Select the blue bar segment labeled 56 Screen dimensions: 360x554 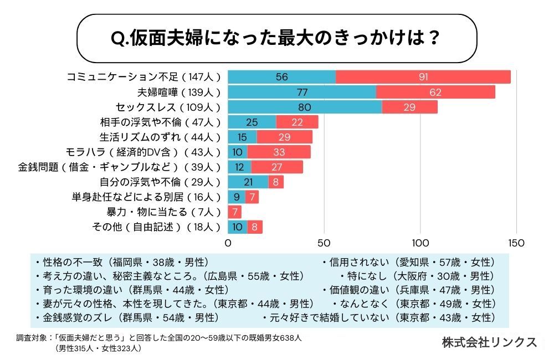(x=281, y=77)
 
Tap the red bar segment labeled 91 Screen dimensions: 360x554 (x=423, y=77)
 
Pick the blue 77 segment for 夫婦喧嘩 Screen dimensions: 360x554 (x=302, y=92)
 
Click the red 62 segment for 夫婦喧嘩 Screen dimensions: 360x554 (x=435, y=92)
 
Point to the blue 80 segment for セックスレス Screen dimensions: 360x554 (x=305, y=107)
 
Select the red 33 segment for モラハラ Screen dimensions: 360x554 (x=279, y=152)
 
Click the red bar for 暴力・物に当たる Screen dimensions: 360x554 (x=235, y=212)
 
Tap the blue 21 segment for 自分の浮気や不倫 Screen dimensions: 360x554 (x=248, y=182)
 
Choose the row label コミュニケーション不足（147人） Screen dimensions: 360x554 (x=143, y=77)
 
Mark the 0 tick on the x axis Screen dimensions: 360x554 (x=228, y=243)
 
